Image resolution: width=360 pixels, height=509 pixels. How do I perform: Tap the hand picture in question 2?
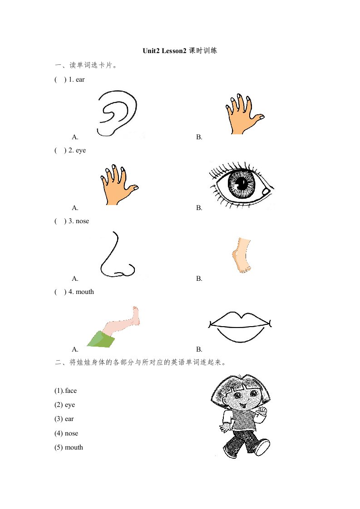[118, 186]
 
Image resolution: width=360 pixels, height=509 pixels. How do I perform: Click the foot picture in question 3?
[242, 255]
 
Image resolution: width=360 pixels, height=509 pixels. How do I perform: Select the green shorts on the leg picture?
[101, 339]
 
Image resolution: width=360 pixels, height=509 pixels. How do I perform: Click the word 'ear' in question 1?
[80, 79]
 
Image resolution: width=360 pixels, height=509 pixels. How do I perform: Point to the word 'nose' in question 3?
[82, 221]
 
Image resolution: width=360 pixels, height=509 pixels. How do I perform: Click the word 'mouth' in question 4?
[84, 292]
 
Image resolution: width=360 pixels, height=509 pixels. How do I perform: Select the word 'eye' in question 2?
[80, 151]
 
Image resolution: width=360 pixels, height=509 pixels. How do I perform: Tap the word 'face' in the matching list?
[71, 391]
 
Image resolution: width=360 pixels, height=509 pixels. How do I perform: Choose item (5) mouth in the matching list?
[69, 447]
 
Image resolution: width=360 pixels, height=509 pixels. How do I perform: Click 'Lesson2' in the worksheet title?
[174, 51]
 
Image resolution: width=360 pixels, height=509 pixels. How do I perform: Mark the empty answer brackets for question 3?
[60, 221]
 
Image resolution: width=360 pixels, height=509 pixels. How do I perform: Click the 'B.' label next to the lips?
[199, 350]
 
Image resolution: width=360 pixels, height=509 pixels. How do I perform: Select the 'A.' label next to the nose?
[75, 279]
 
